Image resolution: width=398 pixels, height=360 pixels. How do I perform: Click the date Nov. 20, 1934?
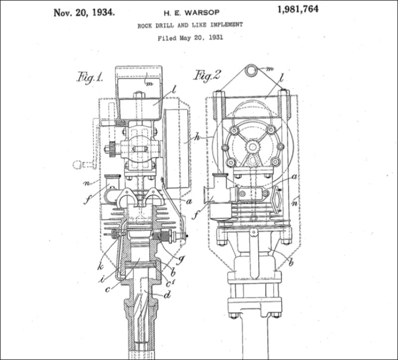tap(84, 12)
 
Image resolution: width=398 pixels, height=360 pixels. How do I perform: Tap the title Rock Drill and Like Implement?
tap(190, 25)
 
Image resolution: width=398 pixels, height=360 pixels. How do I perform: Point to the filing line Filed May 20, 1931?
tap(190, 37)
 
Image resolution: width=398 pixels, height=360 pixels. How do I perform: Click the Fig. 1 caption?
tap(90, 77)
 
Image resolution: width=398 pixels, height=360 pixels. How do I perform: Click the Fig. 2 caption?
tap(206, 75)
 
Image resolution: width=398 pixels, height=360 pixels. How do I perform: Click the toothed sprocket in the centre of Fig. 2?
tap(253, 147)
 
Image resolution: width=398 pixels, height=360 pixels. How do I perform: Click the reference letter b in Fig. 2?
tap(291, 263)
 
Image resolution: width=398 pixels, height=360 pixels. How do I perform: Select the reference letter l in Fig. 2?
tap(281, 78)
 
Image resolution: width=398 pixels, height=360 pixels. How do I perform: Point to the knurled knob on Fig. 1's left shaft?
tap(112, 148)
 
